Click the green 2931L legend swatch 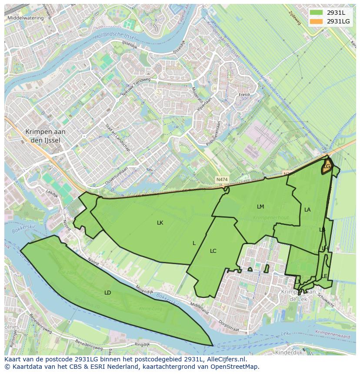317,13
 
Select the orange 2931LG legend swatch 317,21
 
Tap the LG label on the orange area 327,166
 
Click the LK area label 160,223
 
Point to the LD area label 108,293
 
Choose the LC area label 213,251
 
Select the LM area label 260,207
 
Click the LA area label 307,210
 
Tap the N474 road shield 222,179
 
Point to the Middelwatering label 26,18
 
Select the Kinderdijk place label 289,353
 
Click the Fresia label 244,95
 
